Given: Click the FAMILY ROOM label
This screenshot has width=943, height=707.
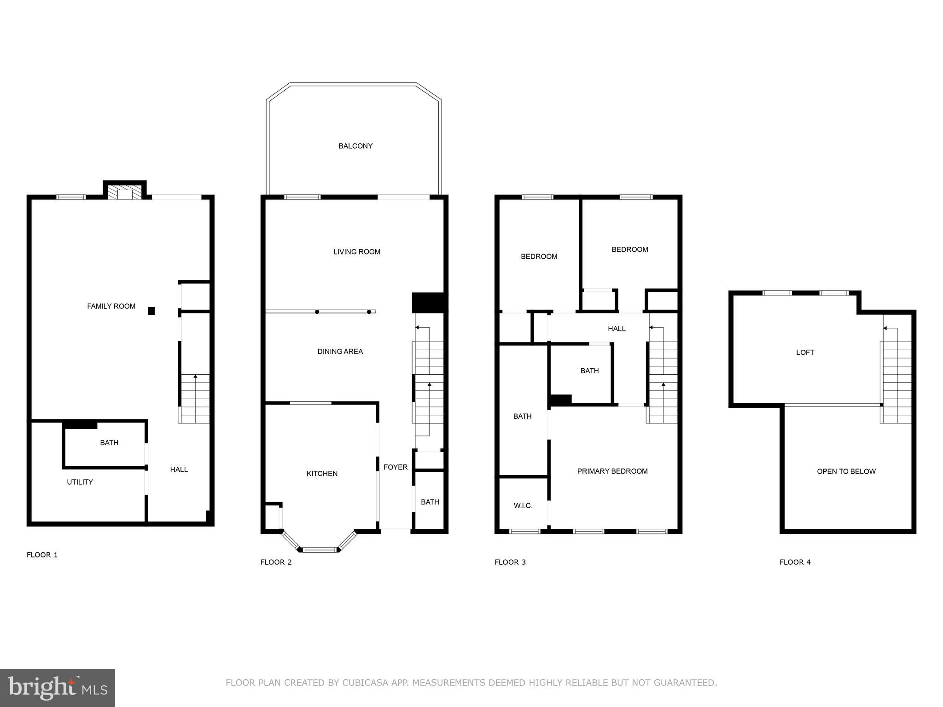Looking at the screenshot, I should tap(111, 306).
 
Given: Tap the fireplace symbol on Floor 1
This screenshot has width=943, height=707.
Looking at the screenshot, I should tap(124, 192).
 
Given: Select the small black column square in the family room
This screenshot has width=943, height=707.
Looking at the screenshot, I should tap(151, 311).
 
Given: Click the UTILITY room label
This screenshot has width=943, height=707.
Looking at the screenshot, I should tap(80, 482).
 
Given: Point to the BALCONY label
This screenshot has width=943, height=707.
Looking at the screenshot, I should tap(355, 146).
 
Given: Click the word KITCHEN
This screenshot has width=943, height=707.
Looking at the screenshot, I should tap(322, 474).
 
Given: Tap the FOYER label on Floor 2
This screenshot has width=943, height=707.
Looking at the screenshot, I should tap(396, 467).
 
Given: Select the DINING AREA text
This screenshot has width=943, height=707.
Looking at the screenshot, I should tap(340, 352).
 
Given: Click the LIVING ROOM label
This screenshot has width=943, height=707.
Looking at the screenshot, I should tap(357, 252).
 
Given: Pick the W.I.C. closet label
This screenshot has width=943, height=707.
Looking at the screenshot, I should tap(523, 506).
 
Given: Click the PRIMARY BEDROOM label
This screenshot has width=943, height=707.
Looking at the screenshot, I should tap(612, 471).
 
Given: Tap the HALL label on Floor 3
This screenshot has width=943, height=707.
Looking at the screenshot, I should tap(617, 329).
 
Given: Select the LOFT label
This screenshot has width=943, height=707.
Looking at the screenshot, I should tap(805, 353).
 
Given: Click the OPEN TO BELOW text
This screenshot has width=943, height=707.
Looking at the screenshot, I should tap(846, 471).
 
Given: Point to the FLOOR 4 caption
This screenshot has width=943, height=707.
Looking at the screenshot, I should tap(795, 562).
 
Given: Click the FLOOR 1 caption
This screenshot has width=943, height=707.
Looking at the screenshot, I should tap(42, 555).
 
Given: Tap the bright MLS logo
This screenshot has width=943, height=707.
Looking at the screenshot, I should tap(58, 688).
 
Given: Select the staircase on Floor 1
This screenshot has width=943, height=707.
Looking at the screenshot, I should tap(195, 399).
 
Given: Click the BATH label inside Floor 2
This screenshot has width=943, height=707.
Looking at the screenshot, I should tap(430, 502).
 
